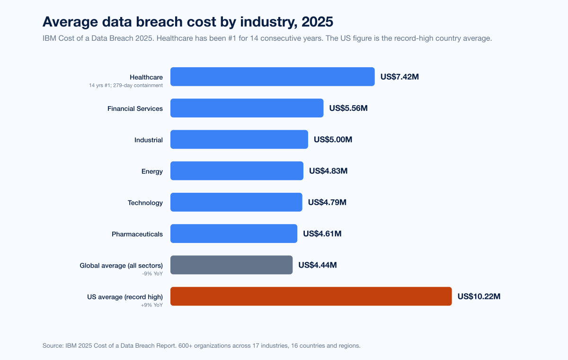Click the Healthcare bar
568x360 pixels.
point(272,77)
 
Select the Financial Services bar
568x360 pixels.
point(247,108)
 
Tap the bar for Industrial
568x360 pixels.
point(239,140)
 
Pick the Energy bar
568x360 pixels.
point(237,171)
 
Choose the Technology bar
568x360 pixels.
point(236,202)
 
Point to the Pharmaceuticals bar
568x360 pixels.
point(234,234)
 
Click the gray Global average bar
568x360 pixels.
point(231,265)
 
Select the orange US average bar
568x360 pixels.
point(311,297)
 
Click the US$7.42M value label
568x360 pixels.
point(399,77)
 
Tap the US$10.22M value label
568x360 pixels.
point(479,297)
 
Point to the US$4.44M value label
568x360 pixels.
point(318,265)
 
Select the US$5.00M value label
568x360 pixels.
point(333,140)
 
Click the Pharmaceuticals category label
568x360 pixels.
point(137,234)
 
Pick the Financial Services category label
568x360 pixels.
point(135,108)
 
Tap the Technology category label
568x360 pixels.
point(145,203)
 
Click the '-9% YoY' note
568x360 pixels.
point(152,273)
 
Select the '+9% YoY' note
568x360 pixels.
point(151,305)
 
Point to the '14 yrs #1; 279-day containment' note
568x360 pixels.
point(126,85)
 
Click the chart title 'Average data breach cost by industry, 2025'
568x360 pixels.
point(188,22)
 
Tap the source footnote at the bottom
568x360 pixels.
point(201,346)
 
